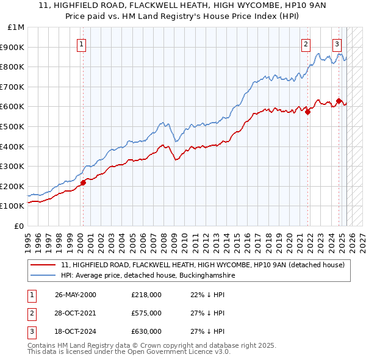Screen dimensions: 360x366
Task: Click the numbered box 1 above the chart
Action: click(82, 43)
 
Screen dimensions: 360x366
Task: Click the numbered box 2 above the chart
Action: click(306, 43)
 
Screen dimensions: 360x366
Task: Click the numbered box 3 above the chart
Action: click(337, 43)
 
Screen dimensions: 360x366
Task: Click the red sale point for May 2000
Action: click(83, 182)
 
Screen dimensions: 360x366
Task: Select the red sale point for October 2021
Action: click(308, 112)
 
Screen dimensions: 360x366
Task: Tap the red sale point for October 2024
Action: click(339, 101)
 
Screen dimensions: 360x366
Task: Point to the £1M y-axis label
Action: click(16, 27)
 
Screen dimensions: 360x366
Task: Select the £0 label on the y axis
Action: click(18, 226)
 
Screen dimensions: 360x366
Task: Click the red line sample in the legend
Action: click(43, 265)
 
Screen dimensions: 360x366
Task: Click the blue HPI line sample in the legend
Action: click(43, 276)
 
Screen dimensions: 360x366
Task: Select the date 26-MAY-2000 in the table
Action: click(75, 295)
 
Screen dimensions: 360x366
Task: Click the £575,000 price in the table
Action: click(146, 313)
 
